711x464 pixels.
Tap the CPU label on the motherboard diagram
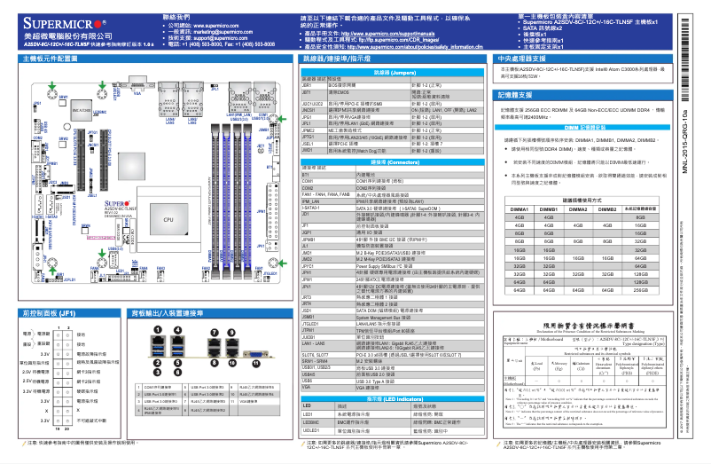click(168, 218)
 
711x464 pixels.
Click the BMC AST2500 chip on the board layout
click(82, 110)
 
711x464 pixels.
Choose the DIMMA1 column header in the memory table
click(520, 208)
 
